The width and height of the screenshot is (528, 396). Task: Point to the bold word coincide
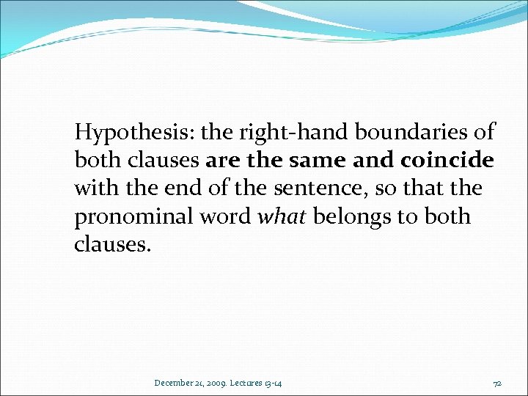(447, 161)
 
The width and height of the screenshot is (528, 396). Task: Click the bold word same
(316, 161)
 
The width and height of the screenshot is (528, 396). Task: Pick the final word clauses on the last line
(112, 244)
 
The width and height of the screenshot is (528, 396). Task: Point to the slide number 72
(496, 382)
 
